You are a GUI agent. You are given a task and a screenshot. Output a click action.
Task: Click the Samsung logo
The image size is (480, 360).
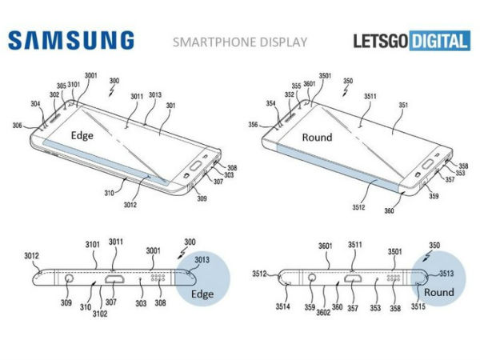click(71, 40)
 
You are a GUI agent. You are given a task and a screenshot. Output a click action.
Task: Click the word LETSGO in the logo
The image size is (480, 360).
click(381, 41)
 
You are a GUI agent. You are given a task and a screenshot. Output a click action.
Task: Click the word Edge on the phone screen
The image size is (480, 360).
click(82, 135)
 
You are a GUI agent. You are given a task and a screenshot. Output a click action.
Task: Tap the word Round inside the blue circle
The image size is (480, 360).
click(438, 292)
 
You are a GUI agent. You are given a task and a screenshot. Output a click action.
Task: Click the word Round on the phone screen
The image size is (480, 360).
click(317, 137)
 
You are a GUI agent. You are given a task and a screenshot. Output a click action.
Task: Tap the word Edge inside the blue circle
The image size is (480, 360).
click(202, 294)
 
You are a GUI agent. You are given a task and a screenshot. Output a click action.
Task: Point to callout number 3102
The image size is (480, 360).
click(100, 314)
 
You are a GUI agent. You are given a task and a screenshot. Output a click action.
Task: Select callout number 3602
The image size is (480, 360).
click(323, 312)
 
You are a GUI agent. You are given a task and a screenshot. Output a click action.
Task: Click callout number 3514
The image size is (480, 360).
click(282, 306)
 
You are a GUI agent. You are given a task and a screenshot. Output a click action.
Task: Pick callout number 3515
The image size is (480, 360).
click(418, 306)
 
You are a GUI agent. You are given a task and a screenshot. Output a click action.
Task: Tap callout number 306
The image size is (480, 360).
click(17, 126)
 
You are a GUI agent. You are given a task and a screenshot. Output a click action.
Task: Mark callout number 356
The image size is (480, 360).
click(253, 125)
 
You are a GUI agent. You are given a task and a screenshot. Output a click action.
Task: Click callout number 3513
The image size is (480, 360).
click(446, 273)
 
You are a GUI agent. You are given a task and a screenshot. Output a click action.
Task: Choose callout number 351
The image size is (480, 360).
click(403, 105)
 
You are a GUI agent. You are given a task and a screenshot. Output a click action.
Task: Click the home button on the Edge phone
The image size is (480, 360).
click(196, 166)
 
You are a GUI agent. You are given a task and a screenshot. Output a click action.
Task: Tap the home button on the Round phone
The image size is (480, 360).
click(428, 164)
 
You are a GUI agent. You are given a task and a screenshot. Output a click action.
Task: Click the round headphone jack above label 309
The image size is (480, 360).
click(69, 278)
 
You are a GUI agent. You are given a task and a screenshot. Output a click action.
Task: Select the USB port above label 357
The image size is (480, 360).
click(354, 278)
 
